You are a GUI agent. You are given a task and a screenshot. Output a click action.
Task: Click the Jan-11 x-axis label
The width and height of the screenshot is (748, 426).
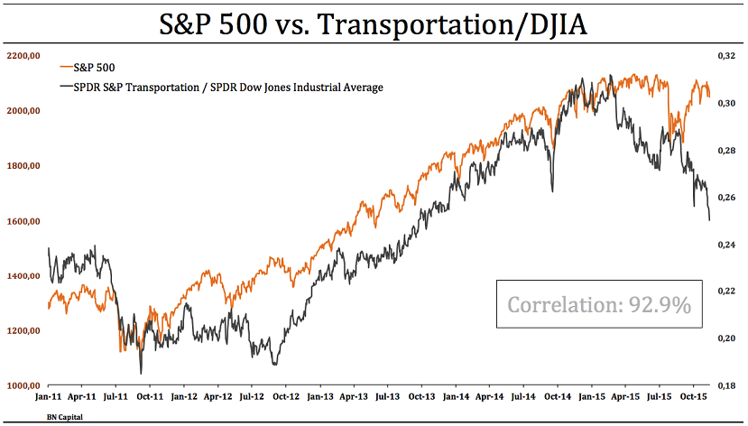[49, 396]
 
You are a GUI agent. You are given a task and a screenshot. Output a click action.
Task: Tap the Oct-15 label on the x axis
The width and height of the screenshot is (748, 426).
[692, 396]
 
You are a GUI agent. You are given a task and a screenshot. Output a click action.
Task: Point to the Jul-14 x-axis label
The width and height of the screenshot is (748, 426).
[523, 396]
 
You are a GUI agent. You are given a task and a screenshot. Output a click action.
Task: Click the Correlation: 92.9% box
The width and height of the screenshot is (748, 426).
[599, 305]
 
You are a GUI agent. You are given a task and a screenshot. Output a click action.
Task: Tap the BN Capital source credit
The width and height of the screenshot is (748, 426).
[63, 417]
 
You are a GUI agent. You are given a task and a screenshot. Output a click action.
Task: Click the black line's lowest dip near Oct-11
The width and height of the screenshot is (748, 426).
[141, 373]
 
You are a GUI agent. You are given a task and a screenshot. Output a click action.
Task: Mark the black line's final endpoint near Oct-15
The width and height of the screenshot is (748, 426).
[709, 220]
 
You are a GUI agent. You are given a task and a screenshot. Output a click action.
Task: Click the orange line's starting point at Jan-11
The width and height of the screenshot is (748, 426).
[48, 308]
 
